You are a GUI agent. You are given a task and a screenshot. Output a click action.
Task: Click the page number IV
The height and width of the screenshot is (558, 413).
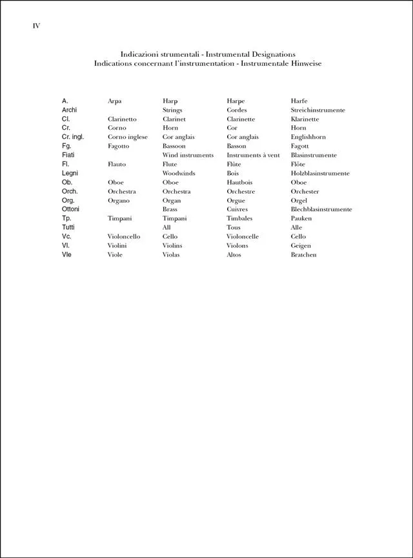(x=36, y=26)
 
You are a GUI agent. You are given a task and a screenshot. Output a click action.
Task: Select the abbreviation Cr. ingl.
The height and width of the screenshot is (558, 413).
(x=73, y=137)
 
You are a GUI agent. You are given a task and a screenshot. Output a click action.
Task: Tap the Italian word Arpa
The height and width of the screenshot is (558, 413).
(x=114, y=101)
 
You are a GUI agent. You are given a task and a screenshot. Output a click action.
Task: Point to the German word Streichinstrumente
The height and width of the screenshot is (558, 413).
(x=317, y=110)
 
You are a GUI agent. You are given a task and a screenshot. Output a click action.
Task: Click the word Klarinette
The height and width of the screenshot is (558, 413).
(x=305, y=119)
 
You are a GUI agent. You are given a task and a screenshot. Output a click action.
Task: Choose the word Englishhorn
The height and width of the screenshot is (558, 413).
(x=308, y=138)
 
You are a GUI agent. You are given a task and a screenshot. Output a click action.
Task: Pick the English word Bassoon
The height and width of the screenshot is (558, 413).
(x=174, y=147)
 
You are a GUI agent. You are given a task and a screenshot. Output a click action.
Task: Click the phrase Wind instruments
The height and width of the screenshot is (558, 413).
(x=188, y=156)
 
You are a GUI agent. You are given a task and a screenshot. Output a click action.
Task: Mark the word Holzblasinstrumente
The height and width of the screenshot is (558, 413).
(x=320, y=174)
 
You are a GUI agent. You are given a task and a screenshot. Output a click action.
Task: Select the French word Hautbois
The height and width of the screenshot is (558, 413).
(x=239, y=183)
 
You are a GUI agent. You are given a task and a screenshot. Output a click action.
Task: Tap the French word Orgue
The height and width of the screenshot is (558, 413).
(x=236, y=201)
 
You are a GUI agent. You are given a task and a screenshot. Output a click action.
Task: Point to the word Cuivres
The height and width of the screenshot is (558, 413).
(x=237, y=210)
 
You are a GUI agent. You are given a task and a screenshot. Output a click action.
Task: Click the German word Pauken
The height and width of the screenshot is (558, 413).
(x=301, y=219)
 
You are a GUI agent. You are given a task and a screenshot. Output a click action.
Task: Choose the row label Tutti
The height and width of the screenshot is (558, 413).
(x=69, y=227)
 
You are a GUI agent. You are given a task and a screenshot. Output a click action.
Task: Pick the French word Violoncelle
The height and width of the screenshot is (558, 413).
(x=243, y=237)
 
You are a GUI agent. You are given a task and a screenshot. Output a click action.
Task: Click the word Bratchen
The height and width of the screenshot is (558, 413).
(x=303, y=255)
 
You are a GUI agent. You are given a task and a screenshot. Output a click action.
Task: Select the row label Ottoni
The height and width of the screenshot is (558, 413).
(x=70, y=209)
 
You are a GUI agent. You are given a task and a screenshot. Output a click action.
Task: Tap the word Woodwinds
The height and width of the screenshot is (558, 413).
(x=179, y=174)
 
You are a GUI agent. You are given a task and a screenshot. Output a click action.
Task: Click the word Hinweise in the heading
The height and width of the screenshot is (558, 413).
(x=305, y=63)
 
